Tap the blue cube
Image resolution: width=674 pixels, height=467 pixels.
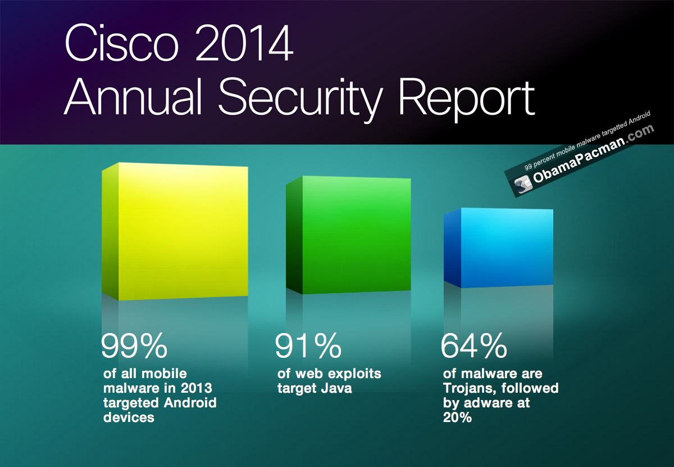[x=499, y=248]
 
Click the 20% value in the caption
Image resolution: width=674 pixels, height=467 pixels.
[x=456, y=418]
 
